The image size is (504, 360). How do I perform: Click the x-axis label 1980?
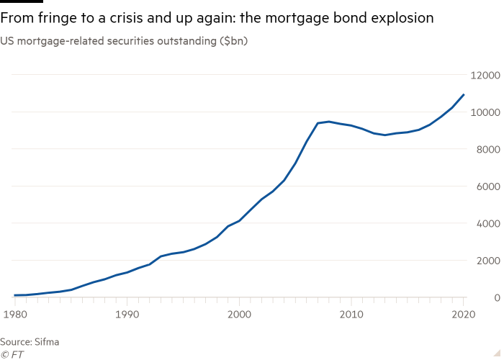click(x=14, y=314)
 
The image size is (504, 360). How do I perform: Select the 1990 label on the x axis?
click(x=127, y=314)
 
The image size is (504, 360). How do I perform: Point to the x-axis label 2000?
click(x=239, y=314)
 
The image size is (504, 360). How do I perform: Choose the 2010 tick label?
click(x=351, y=314)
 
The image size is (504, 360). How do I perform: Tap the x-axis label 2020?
click(x=462, y=314)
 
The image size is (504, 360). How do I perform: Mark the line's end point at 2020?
click(x=464, y=94)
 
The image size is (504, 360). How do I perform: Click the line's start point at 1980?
click(x=14, y=295)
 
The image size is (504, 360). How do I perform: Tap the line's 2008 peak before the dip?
click(x=329, y=122)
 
